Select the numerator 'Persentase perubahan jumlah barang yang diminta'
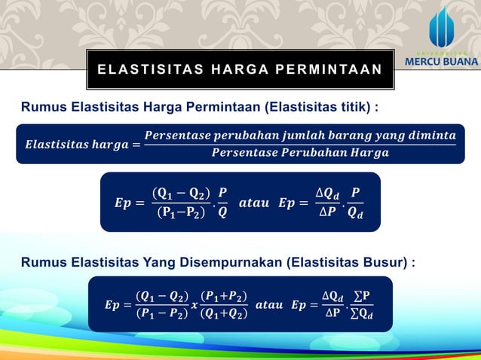(x=300, y=136)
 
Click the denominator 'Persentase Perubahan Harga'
(x=300, y=154)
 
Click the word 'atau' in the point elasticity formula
(x=253, y=203)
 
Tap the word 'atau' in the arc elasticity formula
(x=269, y=305)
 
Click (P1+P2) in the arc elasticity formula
(x=224, y=296)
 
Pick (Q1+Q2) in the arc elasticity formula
(x=224, y=314)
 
